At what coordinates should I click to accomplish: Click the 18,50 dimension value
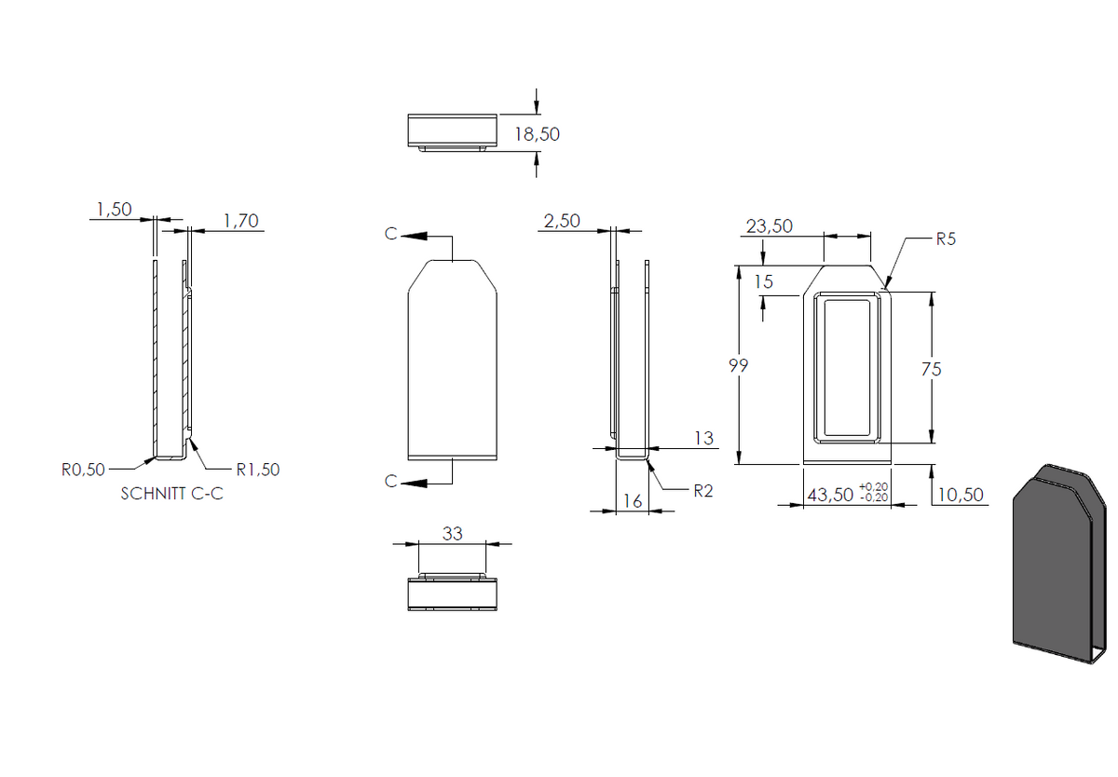(537, 134)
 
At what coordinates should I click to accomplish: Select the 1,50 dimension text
(115, 209)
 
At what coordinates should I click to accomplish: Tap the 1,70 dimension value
(241, 221)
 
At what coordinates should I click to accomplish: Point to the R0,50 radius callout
(83, 470)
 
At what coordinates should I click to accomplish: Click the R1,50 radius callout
(257, 470)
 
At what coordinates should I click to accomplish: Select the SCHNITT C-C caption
(171, 494)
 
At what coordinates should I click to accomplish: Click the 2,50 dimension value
(562, 221)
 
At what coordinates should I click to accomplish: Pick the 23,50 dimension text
(770, 226)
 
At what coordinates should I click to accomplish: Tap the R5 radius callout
(946, 239)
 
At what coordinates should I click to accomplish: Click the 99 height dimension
(739, 366)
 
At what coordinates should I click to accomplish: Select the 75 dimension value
(932, 369)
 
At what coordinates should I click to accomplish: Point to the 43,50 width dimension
(830, 495)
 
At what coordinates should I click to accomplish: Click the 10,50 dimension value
(961, 495)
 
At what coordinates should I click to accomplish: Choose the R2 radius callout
(703, 491)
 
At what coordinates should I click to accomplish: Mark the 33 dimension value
(452, 534)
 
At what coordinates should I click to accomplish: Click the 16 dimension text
(633, 501)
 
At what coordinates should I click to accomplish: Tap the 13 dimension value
(703, 438)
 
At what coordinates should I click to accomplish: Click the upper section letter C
(390, 234)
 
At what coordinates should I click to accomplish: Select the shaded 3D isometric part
(1059, 565)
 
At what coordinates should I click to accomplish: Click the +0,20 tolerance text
(874, 486)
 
